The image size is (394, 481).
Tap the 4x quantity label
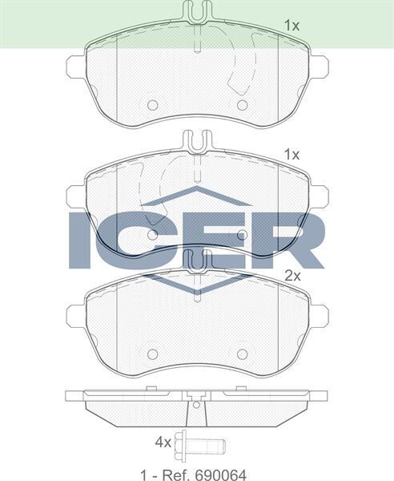click(164, 442)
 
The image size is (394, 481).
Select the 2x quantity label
click(293, 275)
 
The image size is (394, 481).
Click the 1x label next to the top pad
click(292, 26)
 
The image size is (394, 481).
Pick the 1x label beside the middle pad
click(292, 153)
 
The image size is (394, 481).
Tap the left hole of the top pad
click(152, 105)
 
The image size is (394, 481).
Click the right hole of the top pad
click(241, 105)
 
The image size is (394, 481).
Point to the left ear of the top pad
click(75, 67)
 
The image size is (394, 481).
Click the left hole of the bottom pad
click(152, 354)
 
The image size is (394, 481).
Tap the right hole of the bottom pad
click(241, 354)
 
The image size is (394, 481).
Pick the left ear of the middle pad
click(75, 195)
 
